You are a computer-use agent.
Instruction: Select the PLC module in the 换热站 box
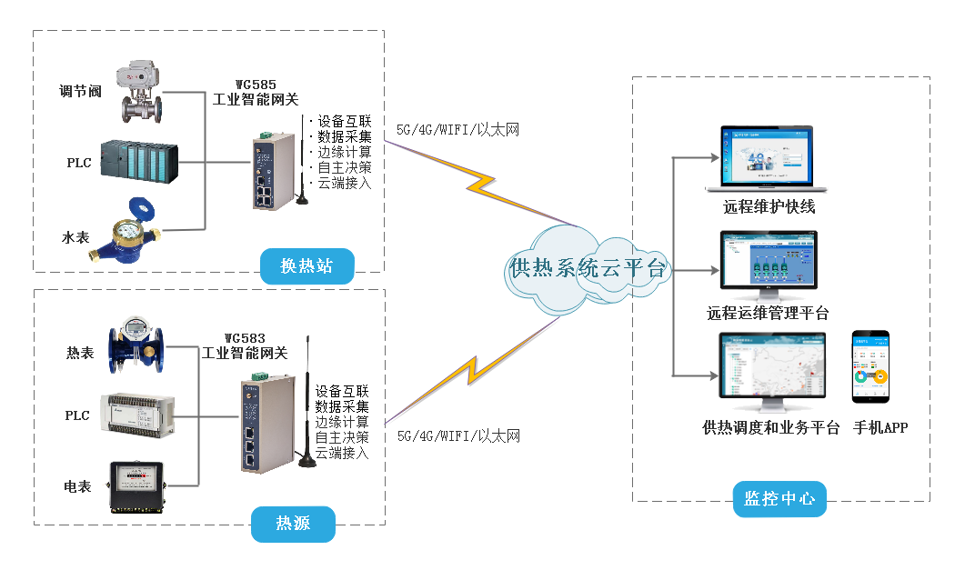pos(138,163)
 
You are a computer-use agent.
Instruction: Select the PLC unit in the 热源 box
pos(135,415)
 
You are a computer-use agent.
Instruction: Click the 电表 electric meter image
pos(137,485)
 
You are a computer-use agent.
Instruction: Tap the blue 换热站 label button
pos(306,266)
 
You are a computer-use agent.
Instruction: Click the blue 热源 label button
pos(292,524)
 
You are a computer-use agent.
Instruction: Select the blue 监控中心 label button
pos(779,498)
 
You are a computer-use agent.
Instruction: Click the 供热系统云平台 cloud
pos(588,268)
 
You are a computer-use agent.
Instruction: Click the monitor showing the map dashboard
pos(771,371)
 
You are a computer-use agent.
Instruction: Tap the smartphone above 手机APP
pos(870,366)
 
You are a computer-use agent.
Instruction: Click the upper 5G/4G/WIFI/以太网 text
pos(457,130)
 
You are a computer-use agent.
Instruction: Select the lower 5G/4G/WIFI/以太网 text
pos(458,436)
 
